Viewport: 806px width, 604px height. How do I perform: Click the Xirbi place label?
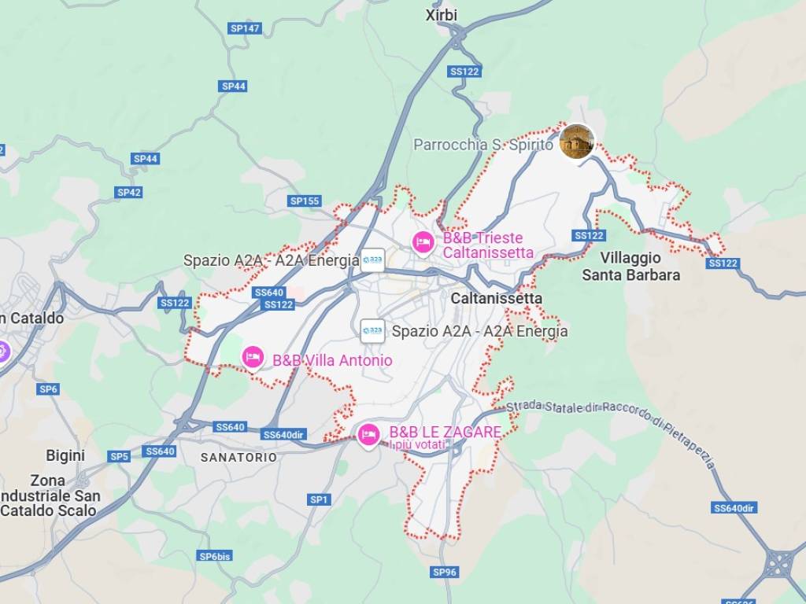pos(441,15)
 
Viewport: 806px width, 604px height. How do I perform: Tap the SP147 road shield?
pos(244,28)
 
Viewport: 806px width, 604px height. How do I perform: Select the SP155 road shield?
pos(305,201)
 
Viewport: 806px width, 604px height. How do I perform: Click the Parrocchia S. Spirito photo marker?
pos(576,142)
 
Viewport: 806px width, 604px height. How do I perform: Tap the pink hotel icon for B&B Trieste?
pos(423,241)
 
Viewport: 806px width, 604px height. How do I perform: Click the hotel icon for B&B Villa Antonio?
pos(252,357)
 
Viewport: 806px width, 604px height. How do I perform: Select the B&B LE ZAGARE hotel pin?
pos(368,433)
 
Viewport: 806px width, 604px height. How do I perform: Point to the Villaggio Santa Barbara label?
pos(630,267)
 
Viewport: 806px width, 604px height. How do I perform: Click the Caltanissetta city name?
pos(496,299)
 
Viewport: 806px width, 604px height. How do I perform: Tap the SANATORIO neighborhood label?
pos(238,457)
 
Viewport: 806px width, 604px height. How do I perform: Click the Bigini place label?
pos(65,455)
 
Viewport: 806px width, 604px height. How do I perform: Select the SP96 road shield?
pos(445,572)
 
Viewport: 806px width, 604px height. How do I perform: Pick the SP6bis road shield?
pos(215,556)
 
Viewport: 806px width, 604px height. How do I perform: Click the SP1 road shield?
pos(319,499)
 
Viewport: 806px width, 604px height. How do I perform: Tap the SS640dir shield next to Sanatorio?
pos(283,435)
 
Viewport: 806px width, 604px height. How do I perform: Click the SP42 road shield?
pos(129,192)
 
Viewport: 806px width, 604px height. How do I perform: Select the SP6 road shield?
pos(48,389)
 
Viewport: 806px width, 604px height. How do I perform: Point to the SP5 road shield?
pos(119,456)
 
